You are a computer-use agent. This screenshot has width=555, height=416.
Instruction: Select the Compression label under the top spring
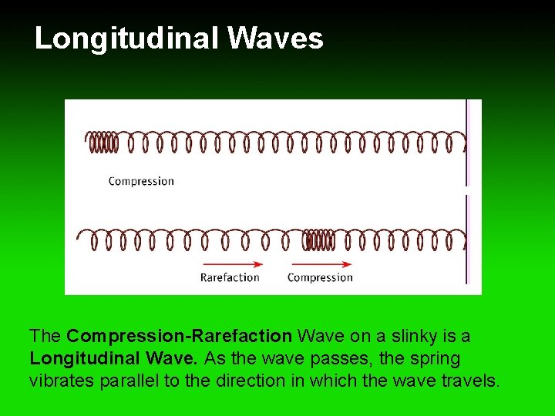click(141, 181)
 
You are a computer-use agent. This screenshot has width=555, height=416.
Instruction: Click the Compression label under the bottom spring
click(320, 277)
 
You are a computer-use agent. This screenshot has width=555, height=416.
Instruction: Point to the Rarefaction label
click(230, 277)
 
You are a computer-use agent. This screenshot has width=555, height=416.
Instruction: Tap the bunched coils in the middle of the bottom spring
click(318, 240)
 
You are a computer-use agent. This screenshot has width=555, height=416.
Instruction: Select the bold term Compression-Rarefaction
click(179, 337)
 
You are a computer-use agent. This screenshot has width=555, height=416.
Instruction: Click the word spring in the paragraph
click(436, 358)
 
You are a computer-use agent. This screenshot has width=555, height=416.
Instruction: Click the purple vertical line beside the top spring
click(467, 143)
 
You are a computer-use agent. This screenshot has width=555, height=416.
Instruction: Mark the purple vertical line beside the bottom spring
click(467, 239)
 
